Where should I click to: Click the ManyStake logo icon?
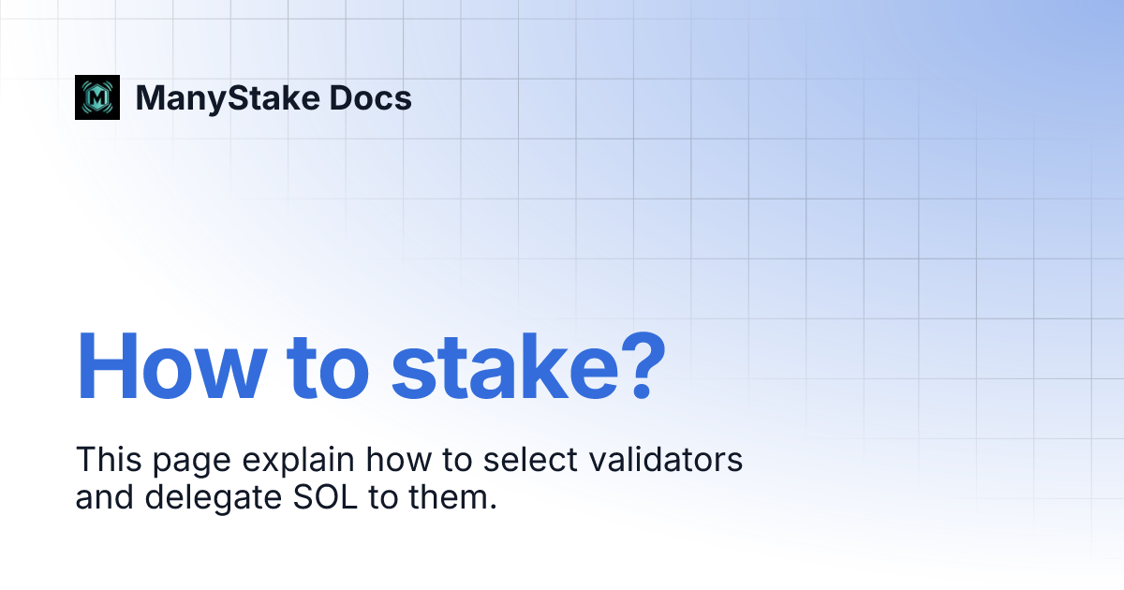pos(97,97)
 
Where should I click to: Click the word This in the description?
pos(105,460)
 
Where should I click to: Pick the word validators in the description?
pos(671,460)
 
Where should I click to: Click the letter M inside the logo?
pos(97,97)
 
